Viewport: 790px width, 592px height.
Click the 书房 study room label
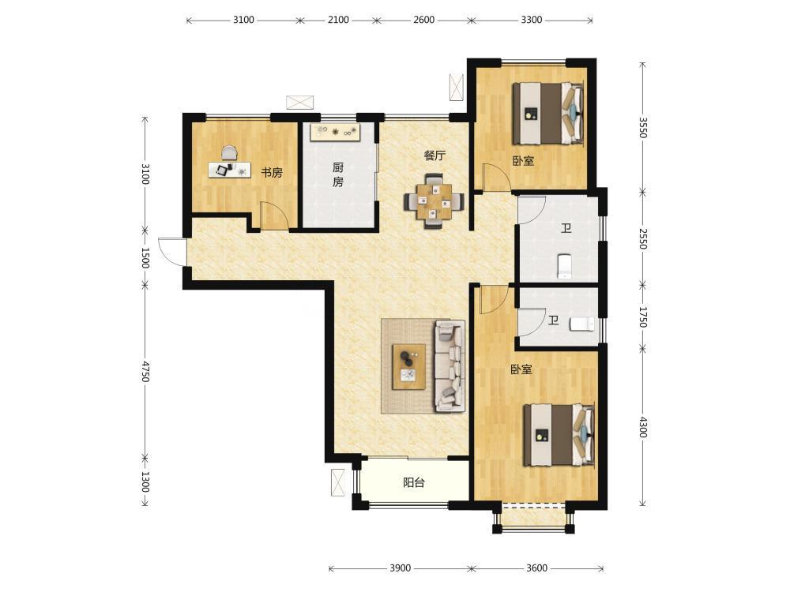pos(271,173)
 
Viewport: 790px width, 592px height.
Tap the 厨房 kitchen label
pos(338,174)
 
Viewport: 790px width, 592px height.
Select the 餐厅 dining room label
pos(434,155)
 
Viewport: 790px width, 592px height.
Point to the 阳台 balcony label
pos(414,483)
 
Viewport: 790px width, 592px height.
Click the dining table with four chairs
pos(434,201)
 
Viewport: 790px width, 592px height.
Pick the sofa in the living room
pos(450,366)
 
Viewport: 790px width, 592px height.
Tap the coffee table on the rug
pos(409,366)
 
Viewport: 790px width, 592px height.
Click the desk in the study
pos(229,169)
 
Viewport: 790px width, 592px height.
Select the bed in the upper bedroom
pos(548,114)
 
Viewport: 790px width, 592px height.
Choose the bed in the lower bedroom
pos(559,435)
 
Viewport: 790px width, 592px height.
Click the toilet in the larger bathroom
pos(565,266)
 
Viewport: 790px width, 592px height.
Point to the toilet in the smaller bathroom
pos(582,324)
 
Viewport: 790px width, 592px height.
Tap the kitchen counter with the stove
pos(336,133)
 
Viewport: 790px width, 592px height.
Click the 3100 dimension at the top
pos(243,21)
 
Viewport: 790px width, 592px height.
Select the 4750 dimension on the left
pos(145,371)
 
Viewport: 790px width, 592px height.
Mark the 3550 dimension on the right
pos(643,127)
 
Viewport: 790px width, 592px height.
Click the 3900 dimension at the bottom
pos(400,568)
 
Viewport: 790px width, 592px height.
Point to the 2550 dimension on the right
pos(643,238)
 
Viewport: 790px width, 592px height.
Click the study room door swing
pos(274,216)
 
